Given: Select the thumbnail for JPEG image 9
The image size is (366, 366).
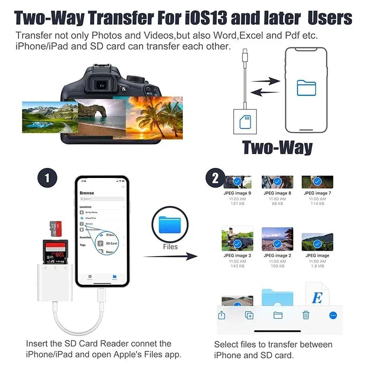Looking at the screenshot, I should [x=237, y=182].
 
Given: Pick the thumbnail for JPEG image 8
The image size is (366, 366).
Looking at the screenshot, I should [x=277, y=182].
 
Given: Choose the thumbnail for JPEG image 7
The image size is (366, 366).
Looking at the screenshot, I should [x=317, y=182].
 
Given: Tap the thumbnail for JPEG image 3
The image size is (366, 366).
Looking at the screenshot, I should [x=237, y=239].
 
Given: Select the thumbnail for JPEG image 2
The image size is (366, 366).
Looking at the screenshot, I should [x=277, y=239].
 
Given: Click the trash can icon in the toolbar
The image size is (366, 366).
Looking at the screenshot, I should [x=306, y=315].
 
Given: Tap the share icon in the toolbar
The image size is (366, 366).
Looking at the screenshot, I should [x=221, y=315].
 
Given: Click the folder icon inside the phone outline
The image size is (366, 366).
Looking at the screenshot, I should [x=306, y=87].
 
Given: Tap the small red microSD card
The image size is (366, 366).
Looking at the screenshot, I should [x=55, y=227].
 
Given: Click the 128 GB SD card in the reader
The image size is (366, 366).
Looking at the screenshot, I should [x=55, y=252].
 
